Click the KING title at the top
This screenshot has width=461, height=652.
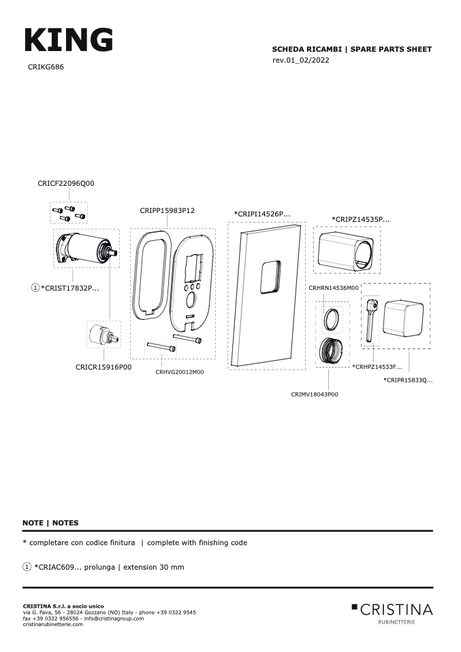pos(69,40)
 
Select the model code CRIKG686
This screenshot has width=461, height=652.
pos(46,67)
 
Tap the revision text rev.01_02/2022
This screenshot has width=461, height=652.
pos(301,61)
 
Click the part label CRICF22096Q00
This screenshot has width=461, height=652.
pos(66,183)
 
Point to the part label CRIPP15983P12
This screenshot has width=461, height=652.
pos(168,210)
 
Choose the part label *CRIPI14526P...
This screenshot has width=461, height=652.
pos(262,214)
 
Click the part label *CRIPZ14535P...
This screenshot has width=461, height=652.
pos(361,219)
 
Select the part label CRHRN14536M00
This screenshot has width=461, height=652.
pos(333,288)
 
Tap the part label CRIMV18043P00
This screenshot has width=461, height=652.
pos(315,394)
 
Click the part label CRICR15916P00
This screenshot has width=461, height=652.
pos(104,367)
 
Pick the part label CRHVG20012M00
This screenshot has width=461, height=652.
pos(180,372)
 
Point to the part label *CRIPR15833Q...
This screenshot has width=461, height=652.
pos(408,380)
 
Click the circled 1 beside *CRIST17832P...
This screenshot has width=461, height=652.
pos(35,287)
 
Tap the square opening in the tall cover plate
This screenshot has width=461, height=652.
pos(270,277)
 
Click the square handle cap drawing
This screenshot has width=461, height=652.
pos(403,319)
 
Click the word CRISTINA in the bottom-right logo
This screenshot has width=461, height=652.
pos(396,610)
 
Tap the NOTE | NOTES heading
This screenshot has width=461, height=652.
pos(50,523)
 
